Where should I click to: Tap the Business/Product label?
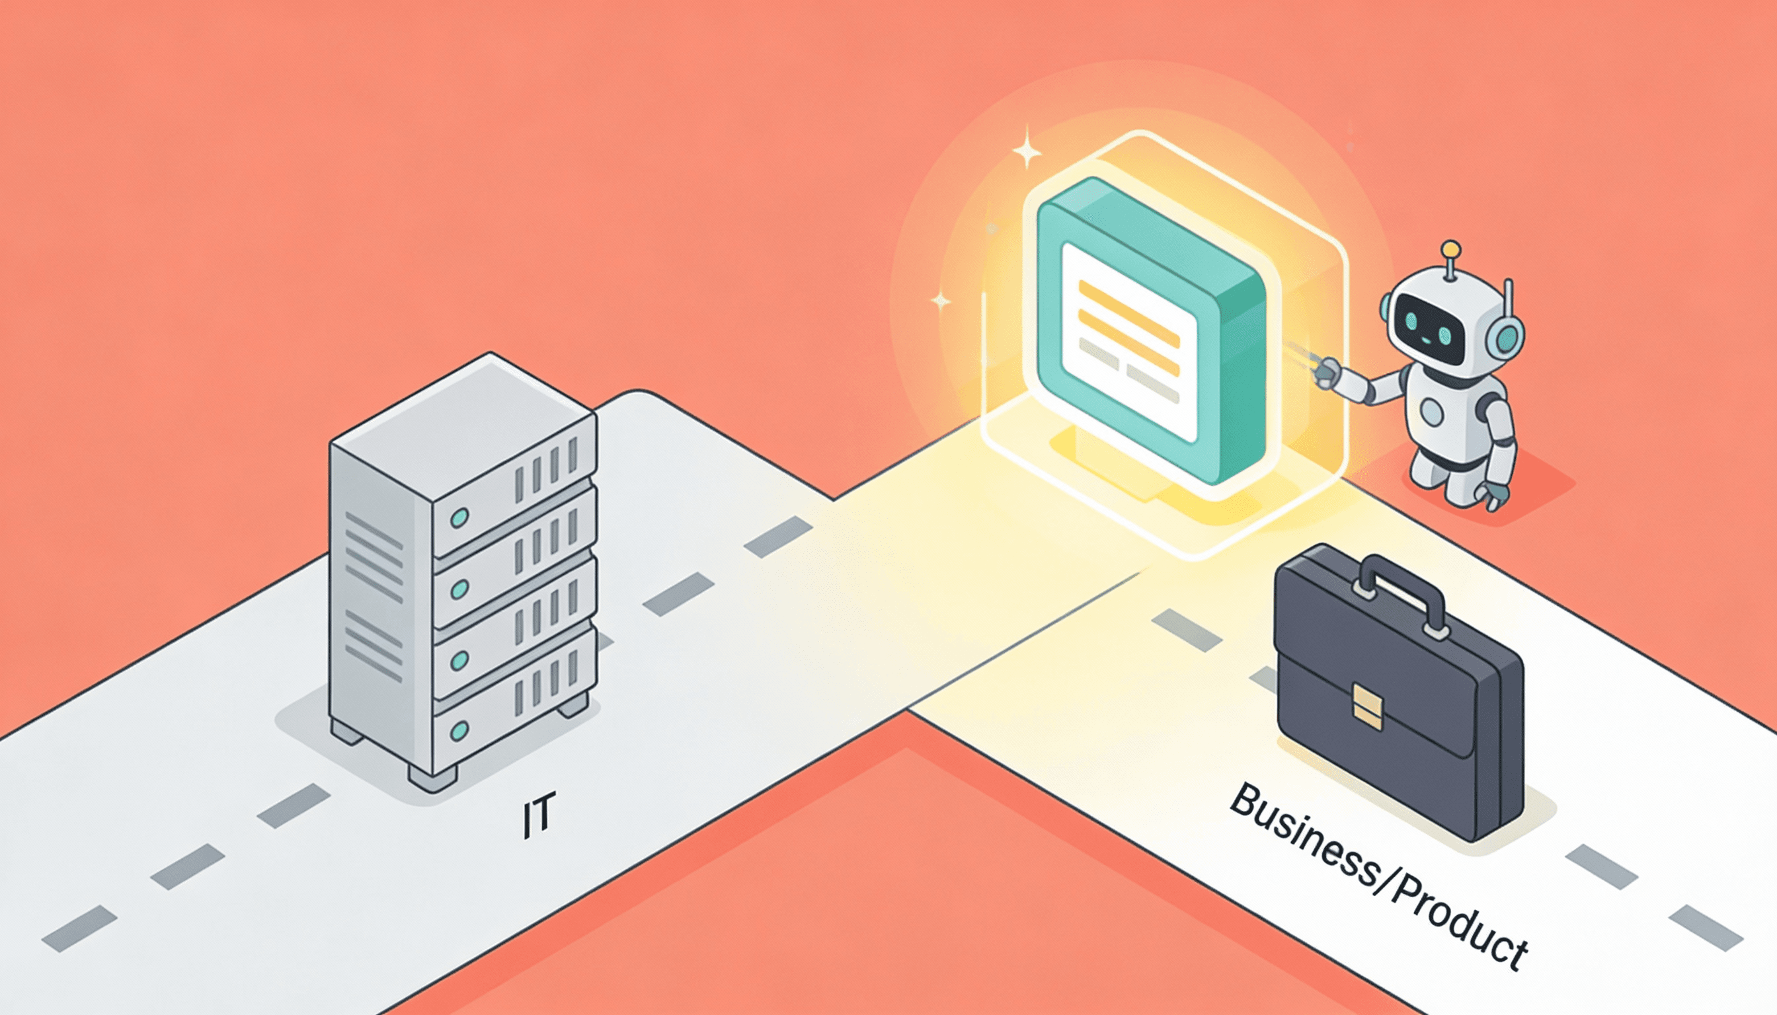coord(1378,875)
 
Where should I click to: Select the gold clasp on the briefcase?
coord(1367,708)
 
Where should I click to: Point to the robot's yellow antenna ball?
coord(1450,248)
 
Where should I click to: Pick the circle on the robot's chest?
coord(1431,413)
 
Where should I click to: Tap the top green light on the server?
coord(459,517)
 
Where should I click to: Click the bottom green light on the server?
coord(459,731)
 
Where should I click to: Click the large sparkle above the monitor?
coord(1026,148)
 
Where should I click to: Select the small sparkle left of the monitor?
coord(941,301)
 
